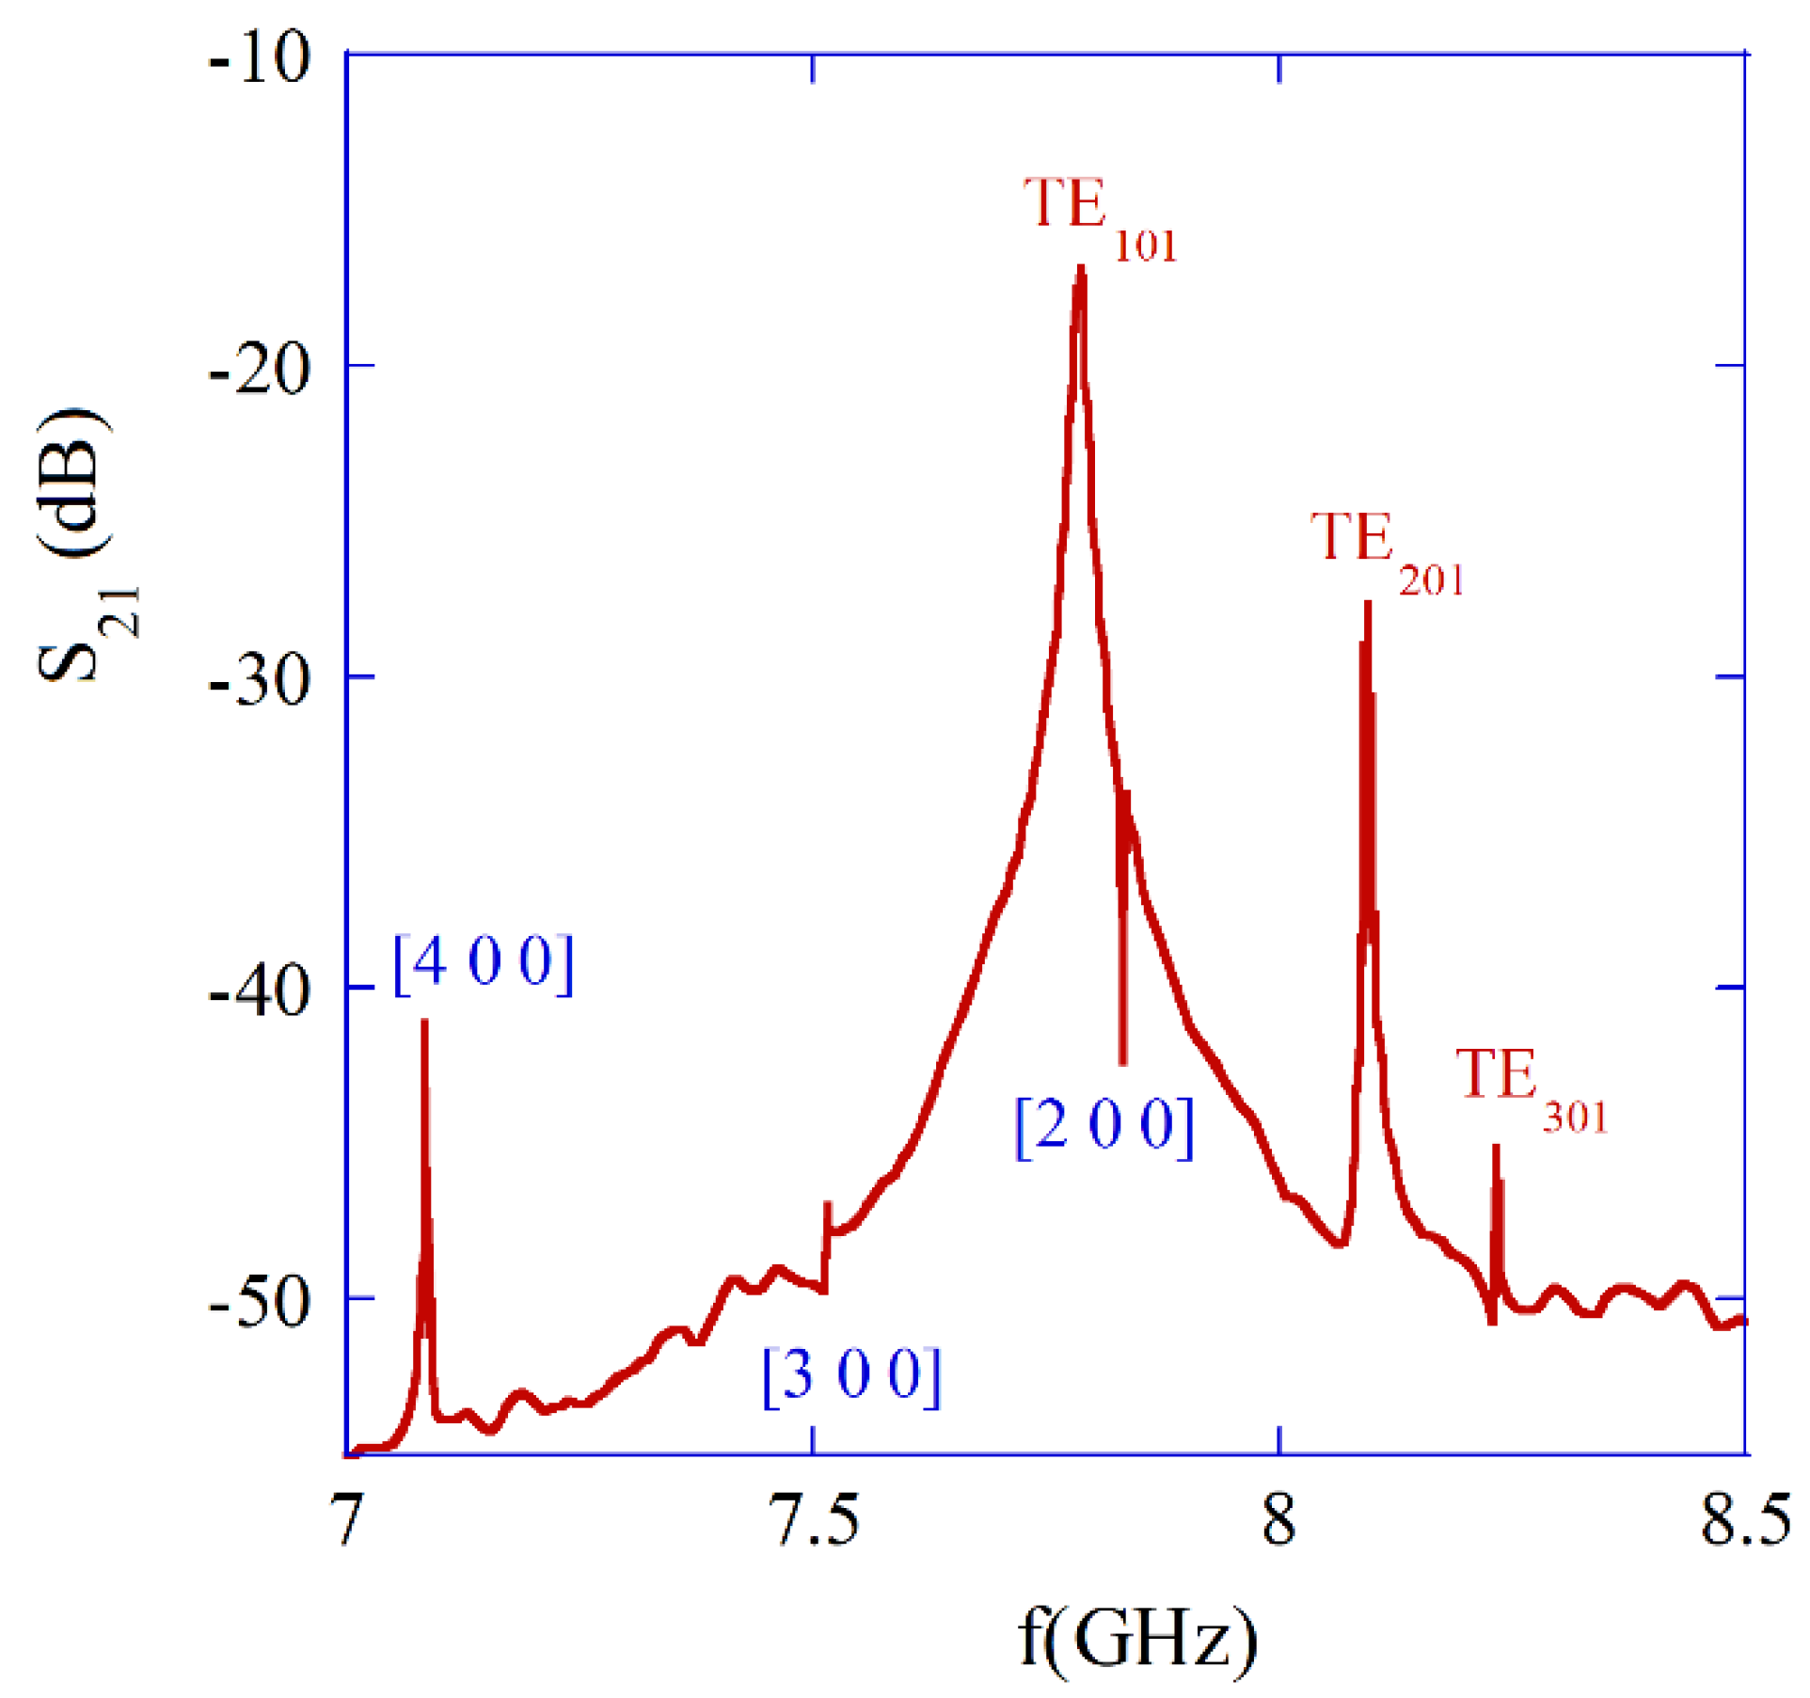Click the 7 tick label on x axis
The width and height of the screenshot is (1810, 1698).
pyautogui.click(x=348, y=1519)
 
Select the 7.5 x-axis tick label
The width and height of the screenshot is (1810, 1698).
pyautogui.click(x=814, y=1519)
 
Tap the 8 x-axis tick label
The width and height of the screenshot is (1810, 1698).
pyautogui.click(x=1278, y=1519)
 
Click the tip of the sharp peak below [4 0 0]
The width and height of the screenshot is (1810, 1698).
pyautogui.click(x=425, y=1022)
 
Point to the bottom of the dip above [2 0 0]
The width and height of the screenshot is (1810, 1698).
pyautogui.click(x=1122, y=1061)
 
